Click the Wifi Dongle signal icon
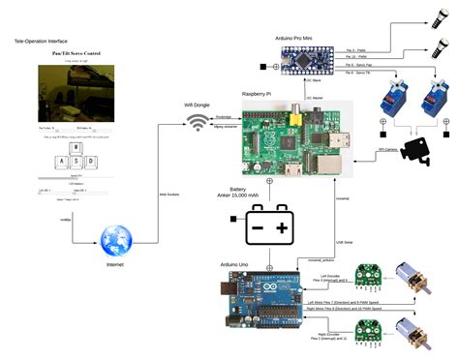[x=199, y=123]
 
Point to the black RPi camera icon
[x=414, y=150]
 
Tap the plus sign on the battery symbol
[x=282, y=228]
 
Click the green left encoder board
[x=369, y=277]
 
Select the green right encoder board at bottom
[x=369, y=329]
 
